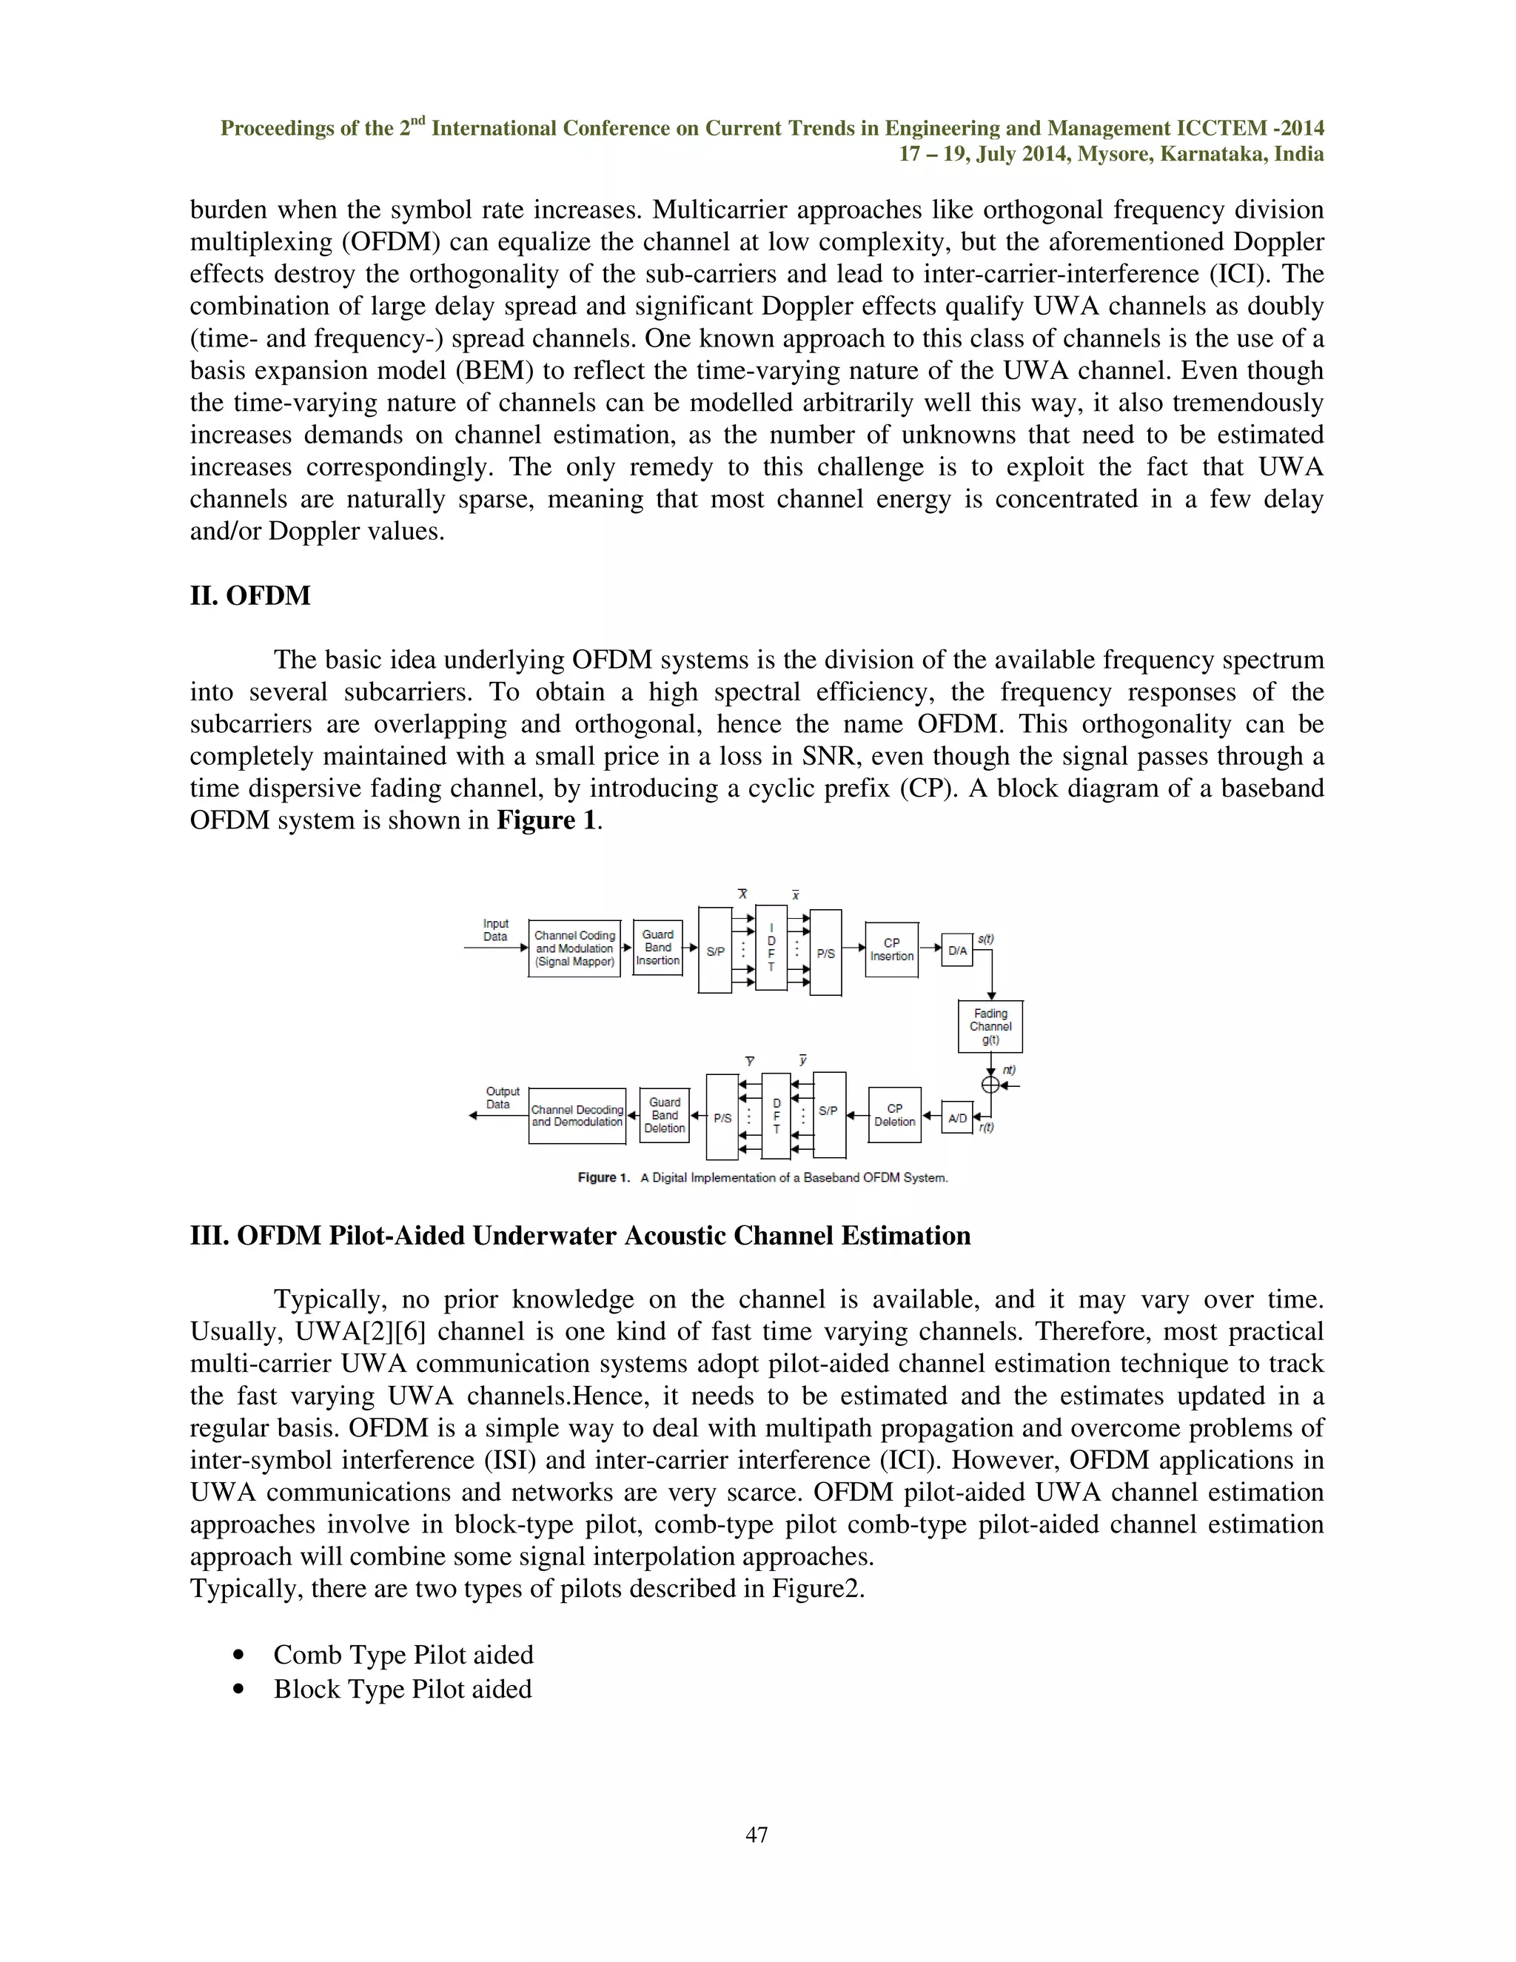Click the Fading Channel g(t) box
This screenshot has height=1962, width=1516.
(x=990, y=1026)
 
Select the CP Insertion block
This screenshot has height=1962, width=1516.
(x=891, y=950)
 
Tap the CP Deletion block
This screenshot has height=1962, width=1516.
(x=894, y=1115)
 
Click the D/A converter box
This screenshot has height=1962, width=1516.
(x=957, y=951)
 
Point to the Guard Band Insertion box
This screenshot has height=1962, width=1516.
(x=657, y=948)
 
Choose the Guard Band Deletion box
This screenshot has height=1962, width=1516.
(x=665, y=1115)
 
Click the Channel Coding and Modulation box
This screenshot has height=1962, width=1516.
(x=574, y=948)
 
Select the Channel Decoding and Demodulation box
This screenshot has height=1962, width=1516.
(x=577, y=1116)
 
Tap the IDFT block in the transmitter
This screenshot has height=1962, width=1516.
(x=771, y=947)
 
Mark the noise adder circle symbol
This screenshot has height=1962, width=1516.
(x=990, y=1085)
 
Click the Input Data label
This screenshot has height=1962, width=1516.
(x=496, y=930)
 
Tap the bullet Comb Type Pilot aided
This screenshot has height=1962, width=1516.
(x=403, y=1655)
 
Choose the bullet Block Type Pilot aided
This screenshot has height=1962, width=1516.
(x=403, y=1689)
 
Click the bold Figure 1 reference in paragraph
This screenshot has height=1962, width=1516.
(x=546, y=820)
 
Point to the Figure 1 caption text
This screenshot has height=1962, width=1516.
(x=762, y=1178)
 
